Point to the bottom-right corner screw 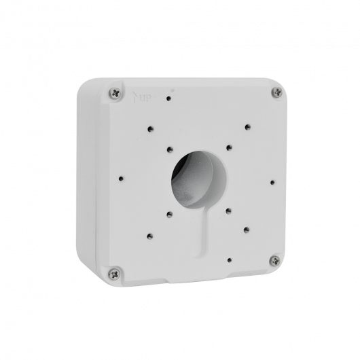[274, 259]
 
